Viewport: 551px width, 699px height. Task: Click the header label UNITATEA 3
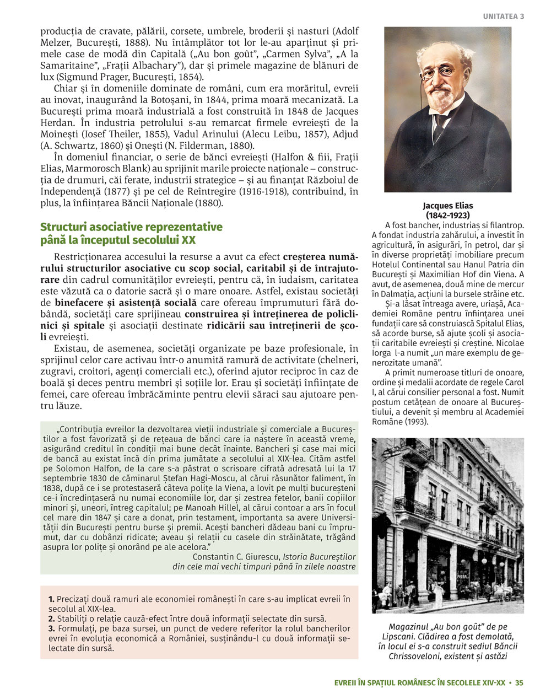click(503, 17)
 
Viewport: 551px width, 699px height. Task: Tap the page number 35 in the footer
click(519, 682)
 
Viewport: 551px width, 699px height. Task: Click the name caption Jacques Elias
click(447, 206)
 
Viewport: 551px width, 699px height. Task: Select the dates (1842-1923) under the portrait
click(447, 215)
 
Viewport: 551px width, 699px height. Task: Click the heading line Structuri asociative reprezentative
click(132, 227)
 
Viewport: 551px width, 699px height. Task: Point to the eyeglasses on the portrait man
click(438, 72)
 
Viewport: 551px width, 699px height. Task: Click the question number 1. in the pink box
click(51, 599)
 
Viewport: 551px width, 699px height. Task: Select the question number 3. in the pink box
click(51, 628)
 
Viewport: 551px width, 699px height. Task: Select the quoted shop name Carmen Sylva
click(288, 54)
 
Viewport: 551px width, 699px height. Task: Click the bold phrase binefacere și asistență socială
click(126, 303)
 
